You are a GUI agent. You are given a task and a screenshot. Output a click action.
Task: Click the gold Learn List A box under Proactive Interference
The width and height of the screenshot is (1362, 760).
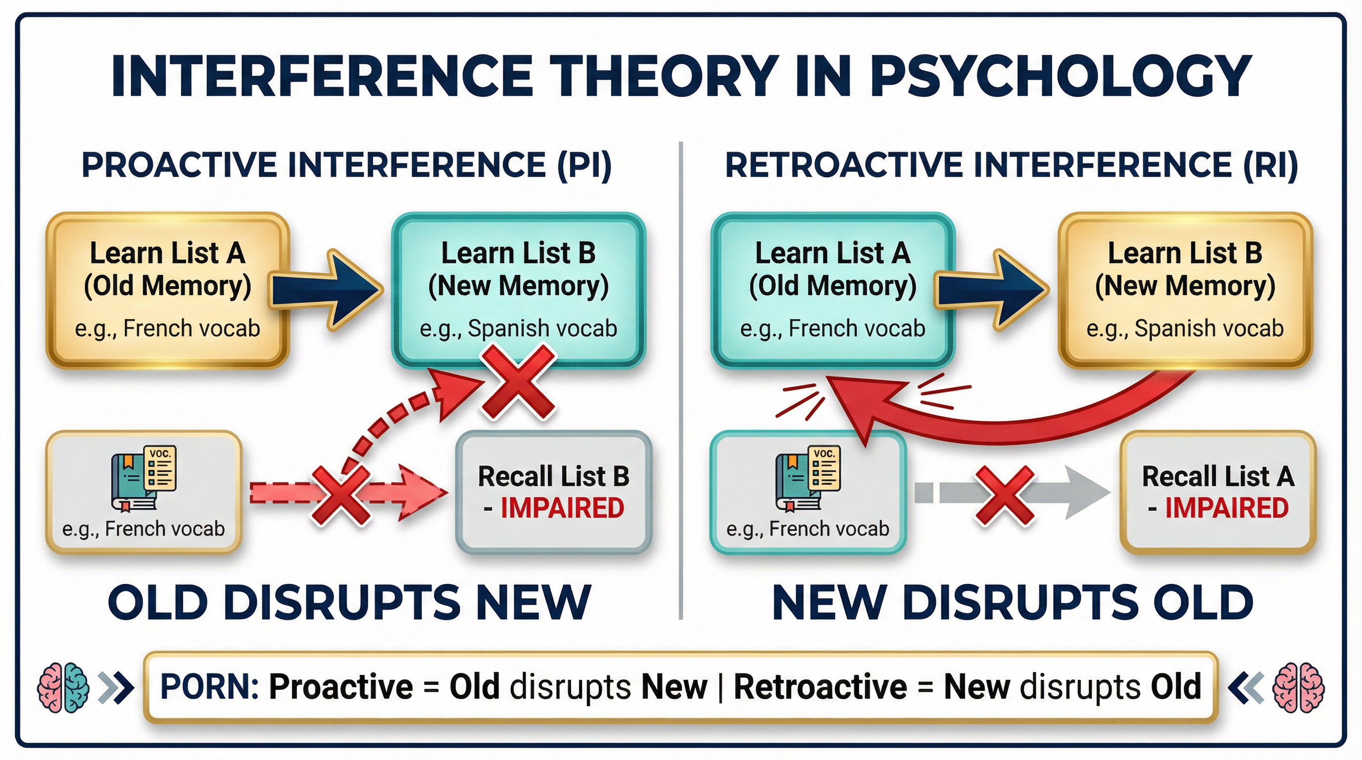pyautogui.click(x=167, y=289)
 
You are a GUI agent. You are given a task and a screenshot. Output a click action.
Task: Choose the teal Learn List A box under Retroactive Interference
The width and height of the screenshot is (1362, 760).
pyautogui.click(x=832, y=289)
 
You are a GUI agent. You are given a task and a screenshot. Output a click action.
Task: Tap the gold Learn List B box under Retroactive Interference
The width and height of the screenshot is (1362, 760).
pyautogui.click(x=1185, y=289)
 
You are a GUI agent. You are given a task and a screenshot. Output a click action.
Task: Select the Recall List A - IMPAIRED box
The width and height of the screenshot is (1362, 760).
pyautogui.click(x=1217, y=492)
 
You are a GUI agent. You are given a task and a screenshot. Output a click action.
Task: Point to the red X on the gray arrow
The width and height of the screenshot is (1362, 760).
pyautogui.click(x=1004, y=495)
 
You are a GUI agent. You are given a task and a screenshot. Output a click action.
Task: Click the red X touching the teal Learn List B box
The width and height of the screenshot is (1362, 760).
pyautogui.click(x=518, y=381)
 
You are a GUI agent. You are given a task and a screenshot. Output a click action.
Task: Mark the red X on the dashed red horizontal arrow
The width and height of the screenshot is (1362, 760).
pyautogui.click(x=341, y=495)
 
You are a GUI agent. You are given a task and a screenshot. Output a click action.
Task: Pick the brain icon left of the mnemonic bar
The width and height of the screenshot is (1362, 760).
pyautogui.click(x=62, y=688)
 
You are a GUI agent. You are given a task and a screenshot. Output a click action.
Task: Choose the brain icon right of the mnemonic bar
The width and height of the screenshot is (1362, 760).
pyautogui.click(x=1299, y=688)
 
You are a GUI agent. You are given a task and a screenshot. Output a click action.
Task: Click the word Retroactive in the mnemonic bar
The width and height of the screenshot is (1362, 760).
pyautogui.click(x=821, y=687)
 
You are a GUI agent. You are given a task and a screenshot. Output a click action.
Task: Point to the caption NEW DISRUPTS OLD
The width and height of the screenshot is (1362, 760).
pyautogui.click(x=1013, y=603)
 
